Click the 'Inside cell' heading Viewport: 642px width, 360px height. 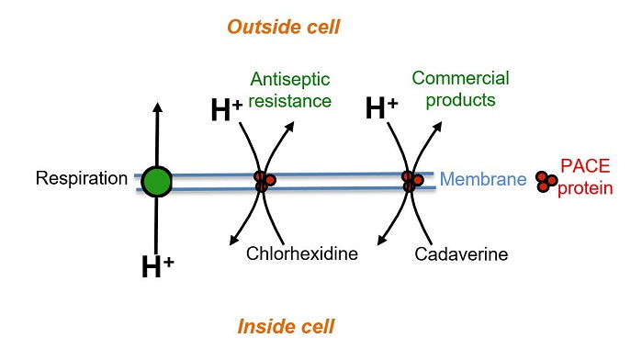pyautogui.click(x=286, y=326)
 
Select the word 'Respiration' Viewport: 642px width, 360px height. pyautogui.click(x=80, y=178)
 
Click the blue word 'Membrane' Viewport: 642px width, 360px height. pyautogui.click(x=482, y=180)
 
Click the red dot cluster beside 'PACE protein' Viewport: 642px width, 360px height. pyautogui.click(x=546, y=181)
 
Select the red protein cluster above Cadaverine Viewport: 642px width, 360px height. pyautogui.click(x=412, y=180)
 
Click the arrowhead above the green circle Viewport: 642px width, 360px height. pyautogui.click(x=157, y=107)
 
